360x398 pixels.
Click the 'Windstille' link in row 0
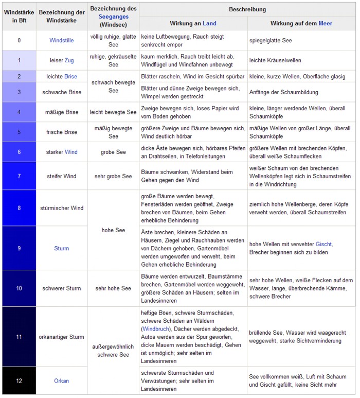pos(62,40)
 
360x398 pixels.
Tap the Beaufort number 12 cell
pos(19,381)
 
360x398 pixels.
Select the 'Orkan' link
pos(62,381)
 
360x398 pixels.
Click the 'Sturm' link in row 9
pos(62,248)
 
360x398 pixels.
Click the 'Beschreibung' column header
pos(247,9)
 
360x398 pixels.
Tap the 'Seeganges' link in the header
pos(113,16)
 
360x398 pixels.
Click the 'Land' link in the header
pos(209,24)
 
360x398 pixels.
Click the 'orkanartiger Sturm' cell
pos(62,337)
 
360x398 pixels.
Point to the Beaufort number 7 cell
pos(19,176)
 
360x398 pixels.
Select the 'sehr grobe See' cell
pos(113,176)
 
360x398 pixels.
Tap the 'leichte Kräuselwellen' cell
pos(275,60)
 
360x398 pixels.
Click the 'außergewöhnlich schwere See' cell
pos(113,351)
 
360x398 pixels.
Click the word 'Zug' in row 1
pos(69,60)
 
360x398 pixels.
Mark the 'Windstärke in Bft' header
pos(19,16)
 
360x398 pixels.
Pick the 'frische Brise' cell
pos(62,132)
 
